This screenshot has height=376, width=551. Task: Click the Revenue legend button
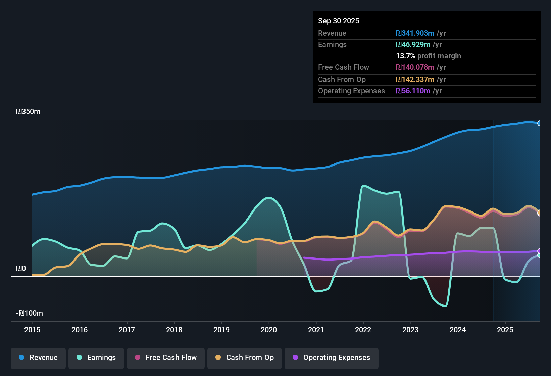(38, 358)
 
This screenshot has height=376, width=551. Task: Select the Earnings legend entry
(96, 358)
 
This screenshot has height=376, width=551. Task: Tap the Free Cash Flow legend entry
(166, 358)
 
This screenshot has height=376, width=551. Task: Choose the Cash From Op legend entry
(245, 358)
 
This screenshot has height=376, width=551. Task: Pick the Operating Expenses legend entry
(332, 358)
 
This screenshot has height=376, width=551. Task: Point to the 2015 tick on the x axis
(32, 330)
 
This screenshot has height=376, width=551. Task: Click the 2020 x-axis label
(269, 330)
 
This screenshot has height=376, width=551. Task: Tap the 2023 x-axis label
(410, 330)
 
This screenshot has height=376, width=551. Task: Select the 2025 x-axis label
(505, 330)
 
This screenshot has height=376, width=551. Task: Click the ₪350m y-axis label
(28, 112)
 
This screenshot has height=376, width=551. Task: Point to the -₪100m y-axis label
(30, 313)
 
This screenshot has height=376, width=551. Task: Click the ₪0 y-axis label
(21, 269)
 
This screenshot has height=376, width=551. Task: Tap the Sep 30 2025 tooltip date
(338, 21)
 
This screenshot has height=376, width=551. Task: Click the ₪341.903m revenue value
(415, 33)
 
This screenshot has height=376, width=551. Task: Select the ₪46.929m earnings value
(413, 45)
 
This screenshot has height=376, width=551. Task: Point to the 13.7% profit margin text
(428, 56)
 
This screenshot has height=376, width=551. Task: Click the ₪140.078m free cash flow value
(415, 67)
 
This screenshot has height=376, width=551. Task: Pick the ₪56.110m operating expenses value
(413, 91)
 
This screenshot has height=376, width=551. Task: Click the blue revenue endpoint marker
(540, 123)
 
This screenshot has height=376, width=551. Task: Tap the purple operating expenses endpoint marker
(540, 251)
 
